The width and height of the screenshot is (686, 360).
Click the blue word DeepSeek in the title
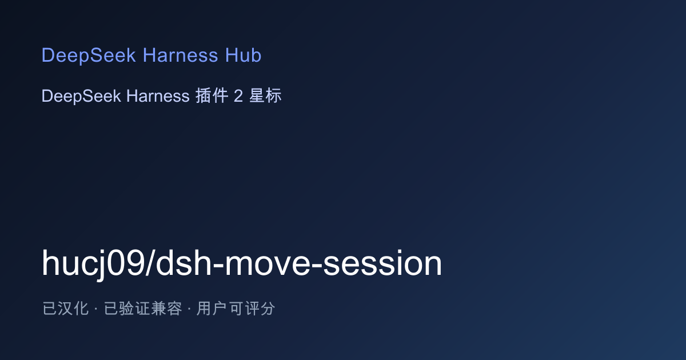[89, 55]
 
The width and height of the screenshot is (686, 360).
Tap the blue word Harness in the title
[181, 55]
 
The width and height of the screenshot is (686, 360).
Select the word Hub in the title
[243, 55]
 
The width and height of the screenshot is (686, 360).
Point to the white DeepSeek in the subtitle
[81, 96]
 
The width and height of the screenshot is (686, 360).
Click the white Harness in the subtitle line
[158, 96]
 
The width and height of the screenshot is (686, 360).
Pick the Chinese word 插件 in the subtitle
[212, 95]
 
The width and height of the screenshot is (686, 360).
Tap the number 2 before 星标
[238, 96]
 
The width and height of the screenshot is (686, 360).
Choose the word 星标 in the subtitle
[265, 95]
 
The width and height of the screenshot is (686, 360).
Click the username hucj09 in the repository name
[93, 263]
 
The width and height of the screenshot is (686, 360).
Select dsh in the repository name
[184, 263]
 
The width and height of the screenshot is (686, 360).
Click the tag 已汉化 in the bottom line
[66, 308]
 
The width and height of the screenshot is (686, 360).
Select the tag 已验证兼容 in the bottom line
[143, 308]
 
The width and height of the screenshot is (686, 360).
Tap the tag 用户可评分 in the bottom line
[236, 308]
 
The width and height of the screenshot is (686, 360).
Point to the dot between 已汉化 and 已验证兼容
[96, 309]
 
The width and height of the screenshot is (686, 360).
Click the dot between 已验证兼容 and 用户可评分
[189, 309]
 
